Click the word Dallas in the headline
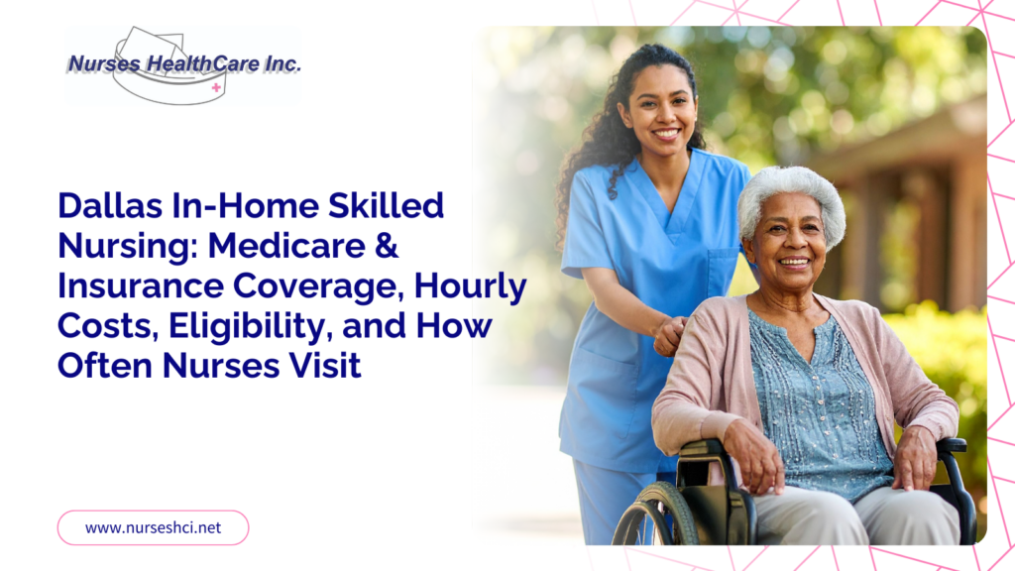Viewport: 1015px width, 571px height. (x=110, y=206)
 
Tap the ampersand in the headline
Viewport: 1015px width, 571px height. (x=387, y=246)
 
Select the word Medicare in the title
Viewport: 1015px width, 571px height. (x=286, y=246)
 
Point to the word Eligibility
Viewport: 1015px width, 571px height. (x=251, y=326)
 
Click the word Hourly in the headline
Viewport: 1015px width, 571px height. (x=471, y=286)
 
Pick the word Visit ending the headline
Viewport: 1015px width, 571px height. (x=325, y=366)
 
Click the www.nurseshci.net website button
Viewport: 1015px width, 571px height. (x=153, y=527)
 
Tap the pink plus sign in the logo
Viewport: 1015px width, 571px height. (x=216, y=87)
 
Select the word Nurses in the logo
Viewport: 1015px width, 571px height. (x=104, y=63)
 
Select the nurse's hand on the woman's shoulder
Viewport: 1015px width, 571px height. (x=670, y=336)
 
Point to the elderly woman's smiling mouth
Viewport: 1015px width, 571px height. (x=794, y=262)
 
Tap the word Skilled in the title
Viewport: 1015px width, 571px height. (x=386, y=206)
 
